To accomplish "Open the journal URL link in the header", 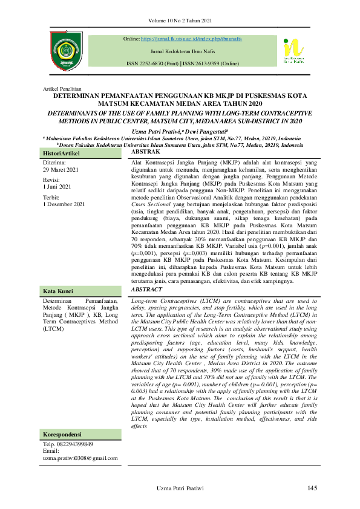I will click(x=192, y=39).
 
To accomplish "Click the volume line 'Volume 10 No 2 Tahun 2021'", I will click(x=180, y=22).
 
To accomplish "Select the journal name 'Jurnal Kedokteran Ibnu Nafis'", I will click(x=183, y=51).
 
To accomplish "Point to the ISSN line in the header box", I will click(x=183, y=63).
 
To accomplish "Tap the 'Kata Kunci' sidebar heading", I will click(x=57, y=291).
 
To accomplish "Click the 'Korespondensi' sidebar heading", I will click(x=62, y=435).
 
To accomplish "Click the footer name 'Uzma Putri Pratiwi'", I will click(x=180, y=488).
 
